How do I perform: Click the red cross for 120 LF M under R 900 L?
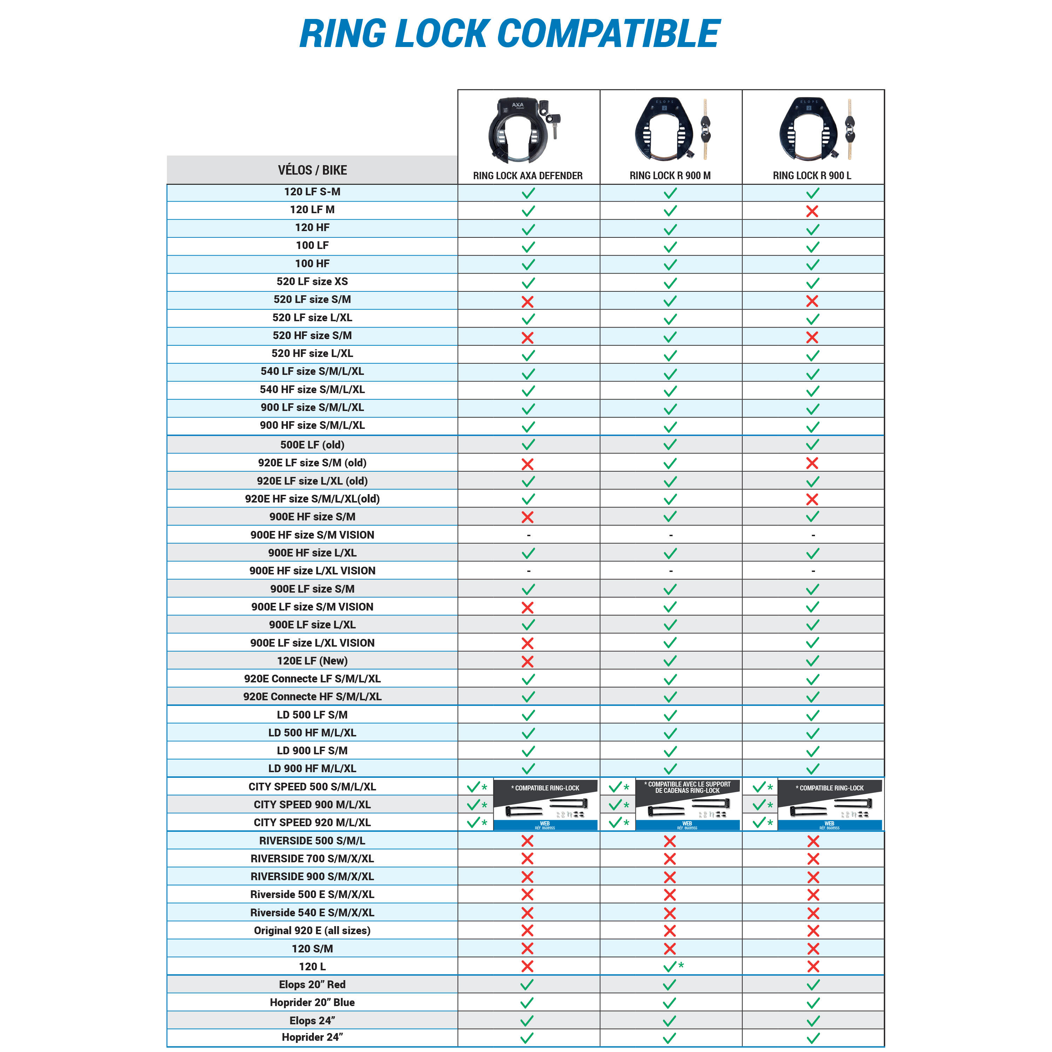coord(812,211)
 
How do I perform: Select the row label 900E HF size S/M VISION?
coord(312,535)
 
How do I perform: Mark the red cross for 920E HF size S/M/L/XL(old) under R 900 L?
coord(812,499)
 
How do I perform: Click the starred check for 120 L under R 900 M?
coord(673,966)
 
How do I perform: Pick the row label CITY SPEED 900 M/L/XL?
coord(312,804)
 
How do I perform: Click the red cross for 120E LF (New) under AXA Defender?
coord(527,661)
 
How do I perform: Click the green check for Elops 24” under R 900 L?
coord(812,1021)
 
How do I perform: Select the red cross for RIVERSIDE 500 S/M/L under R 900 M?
coord(670,841)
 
